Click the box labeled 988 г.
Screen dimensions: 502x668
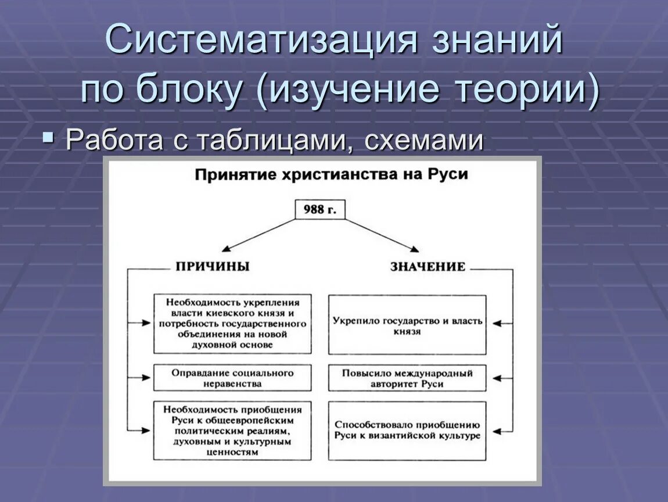pos(319,210)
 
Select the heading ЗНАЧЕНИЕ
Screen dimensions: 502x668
pos(428,267)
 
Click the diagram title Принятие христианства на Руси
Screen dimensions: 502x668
pos(331,175)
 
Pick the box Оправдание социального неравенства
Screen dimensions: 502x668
pos(232,378)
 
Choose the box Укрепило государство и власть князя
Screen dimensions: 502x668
pos(407,325)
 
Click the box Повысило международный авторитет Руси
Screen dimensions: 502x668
pos(407,378)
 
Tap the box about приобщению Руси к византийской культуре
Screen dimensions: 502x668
pos(407,431)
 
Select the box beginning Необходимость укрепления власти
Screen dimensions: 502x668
pos(232,324)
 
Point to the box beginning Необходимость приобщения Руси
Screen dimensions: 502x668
pos(232,431)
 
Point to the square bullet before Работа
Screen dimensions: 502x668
pos(48,138)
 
